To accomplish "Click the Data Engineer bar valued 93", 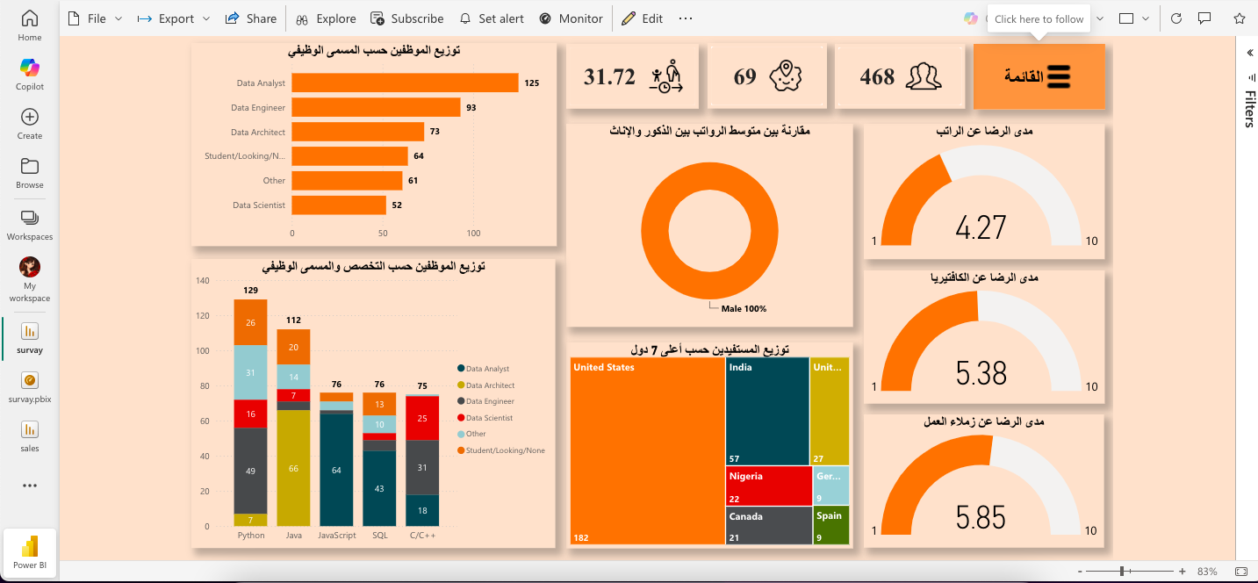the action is tap(376, 107).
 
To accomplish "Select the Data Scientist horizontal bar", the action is tap(339, 205).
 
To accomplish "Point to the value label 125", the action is tap(531, 83).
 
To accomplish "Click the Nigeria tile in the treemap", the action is tap(768, 486).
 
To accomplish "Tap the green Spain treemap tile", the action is tap(830, 525).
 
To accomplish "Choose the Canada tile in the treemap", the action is tap(768, 526).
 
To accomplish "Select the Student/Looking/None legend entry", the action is tap(501, 450).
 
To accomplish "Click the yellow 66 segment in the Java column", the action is tap(293, 468).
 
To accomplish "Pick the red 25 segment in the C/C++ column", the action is tap(422, 419).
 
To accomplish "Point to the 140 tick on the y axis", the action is tap(202, 280).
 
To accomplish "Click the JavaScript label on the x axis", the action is tap(336, 536).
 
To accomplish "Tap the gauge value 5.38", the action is tap(981, 373).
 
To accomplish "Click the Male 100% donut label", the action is tap(744, 309).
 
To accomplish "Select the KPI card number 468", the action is tap(877, 76).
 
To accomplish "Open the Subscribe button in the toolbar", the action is tap(407, 18).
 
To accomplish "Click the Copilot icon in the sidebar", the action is tap(30, 68).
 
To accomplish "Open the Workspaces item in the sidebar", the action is tap(30, 226).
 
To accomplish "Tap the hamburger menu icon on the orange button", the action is tap(1059, 76).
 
